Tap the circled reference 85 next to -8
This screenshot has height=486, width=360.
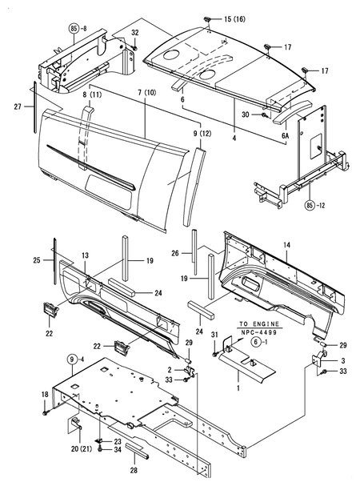74,26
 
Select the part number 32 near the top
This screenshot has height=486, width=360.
135,33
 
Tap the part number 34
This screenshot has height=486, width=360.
118,450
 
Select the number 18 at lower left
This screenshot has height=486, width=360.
45,394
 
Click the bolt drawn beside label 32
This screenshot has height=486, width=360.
135,46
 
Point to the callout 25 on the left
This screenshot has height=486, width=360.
37,260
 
